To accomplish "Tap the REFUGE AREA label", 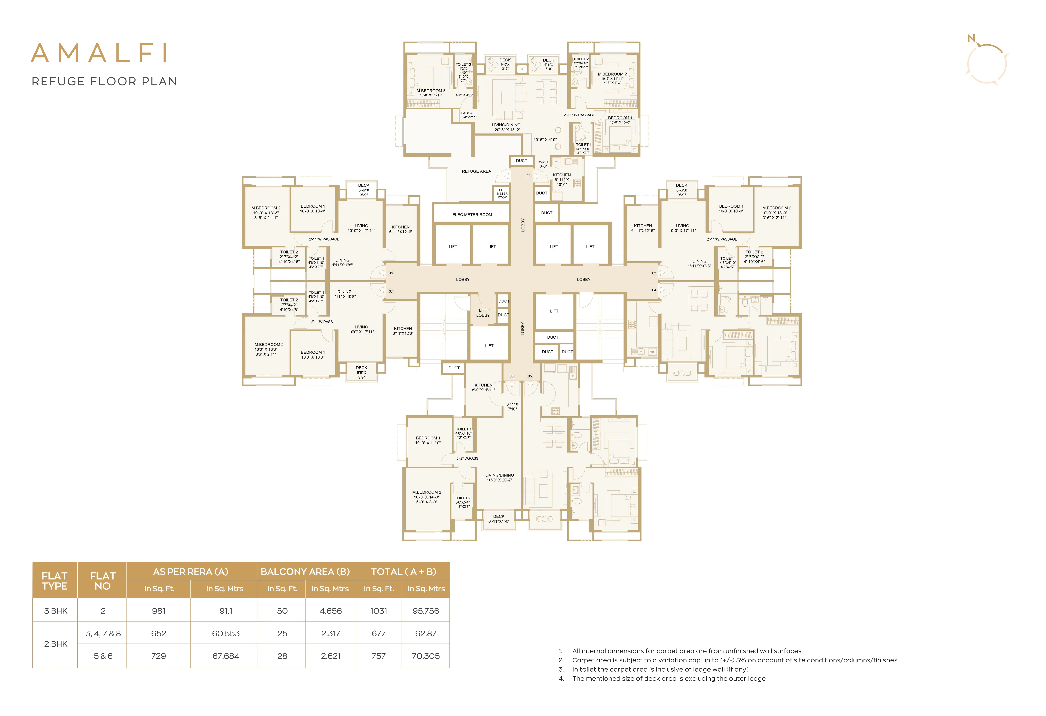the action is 476,171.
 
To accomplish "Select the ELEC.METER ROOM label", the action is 472,215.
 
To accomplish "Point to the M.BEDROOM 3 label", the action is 431,91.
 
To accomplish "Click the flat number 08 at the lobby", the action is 391,273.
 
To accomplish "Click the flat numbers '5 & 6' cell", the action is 103,656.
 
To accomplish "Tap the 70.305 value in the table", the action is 426,656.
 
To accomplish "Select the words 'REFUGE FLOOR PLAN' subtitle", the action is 104,82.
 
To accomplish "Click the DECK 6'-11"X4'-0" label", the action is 499,519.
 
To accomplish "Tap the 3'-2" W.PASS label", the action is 467,458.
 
